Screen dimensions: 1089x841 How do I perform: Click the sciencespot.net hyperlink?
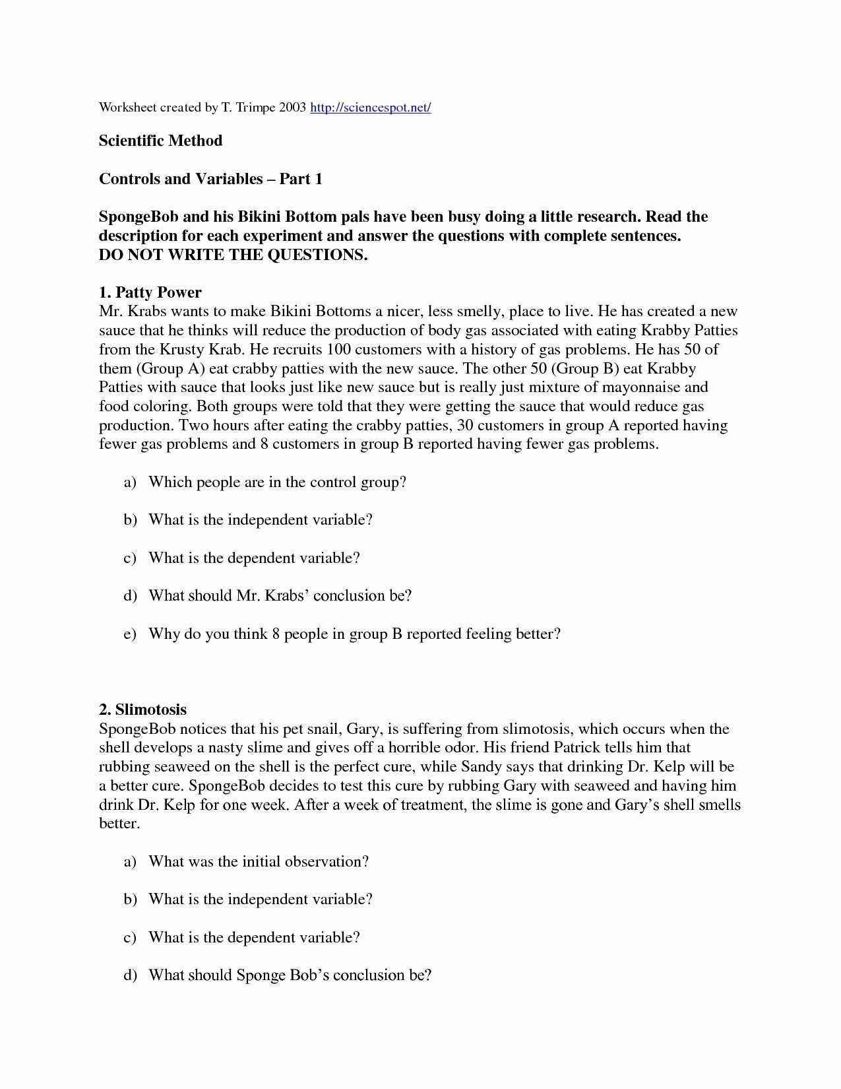tap(370, 108)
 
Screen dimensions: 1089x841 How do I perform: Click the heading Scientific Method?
tap(160, 141)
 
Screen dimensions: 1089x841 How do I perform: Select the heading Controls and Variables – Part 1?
tap(210, 179)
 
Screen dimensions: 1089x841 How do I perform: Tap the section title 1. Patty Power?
tap(150, 292)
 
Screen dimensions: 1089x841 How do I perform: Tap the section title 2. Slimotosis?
tap(142, 710)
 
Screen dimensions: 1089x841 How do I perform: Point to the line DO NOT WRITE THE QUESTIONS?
tap(233, 255)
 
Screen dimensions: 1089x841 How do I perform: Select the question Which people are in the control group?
tap(277, 482)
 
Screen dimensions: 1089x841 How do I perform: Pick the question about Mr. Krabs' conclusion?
tap(280, 596)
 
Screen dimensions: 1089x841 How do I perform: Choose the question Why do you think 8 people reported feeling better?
tap(354, 634)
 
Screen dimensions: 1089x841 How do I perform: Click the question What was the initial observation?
tap(258, 862)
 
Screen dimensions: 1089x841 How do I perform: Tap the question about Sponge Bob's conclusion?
tap(290, 975)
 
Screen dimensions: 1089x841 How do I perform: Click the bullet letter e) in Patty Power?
tap(129, 634)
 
